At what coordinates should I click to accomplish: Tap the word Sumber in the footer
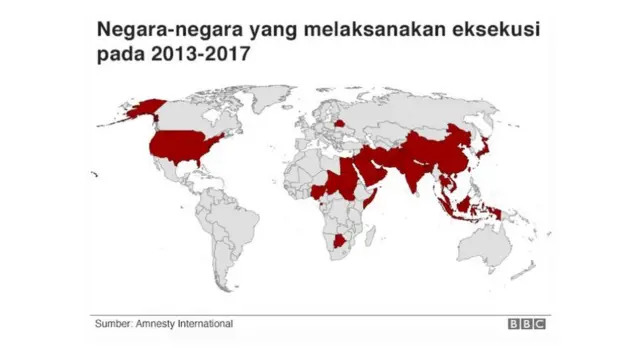[115, 324]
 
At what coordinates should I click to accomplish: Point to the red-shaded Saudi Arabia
[369, 171]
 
